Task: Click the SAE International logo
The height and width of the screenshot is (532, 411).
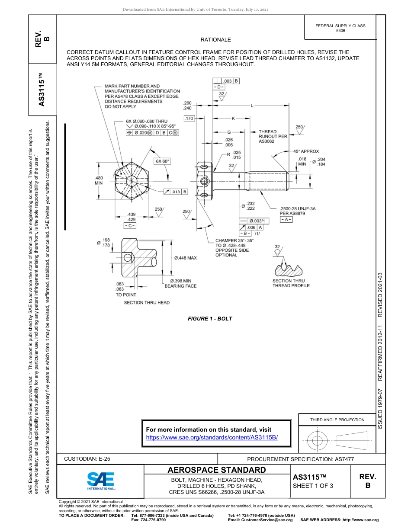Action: click(x=100, y=480)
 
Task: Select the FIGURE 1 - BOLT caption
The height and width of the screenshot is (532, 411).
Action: click(x=210, y=319)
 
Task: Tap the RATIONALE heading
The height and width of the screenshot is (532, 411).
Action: click(x=215, y=40)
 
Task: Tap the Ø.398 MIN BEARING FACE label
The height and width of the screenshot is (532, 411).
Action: click(x=180, y=283)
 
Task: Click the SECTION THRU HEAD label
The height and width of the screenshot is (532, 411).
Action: click(x=147, y=302)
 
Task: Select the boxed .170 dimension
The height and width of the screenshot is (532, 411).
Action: click(x=189, y=119)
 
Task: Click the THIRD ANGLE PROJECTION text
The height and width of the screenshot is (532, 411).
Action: click(x=337, y=420)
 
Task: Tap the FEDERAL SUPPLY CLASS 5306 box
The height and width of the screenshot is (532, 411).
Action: click(x=340, y=28)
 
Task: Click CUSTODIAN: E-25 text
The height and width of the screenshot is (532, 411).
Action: click(x=90, y=459)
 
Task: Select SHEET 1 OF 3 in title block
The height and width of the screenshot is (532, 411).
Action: click(x=313, y=485)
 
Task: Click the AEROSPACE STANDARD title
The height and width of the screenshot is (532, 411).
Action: click(x=217, y=470)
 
